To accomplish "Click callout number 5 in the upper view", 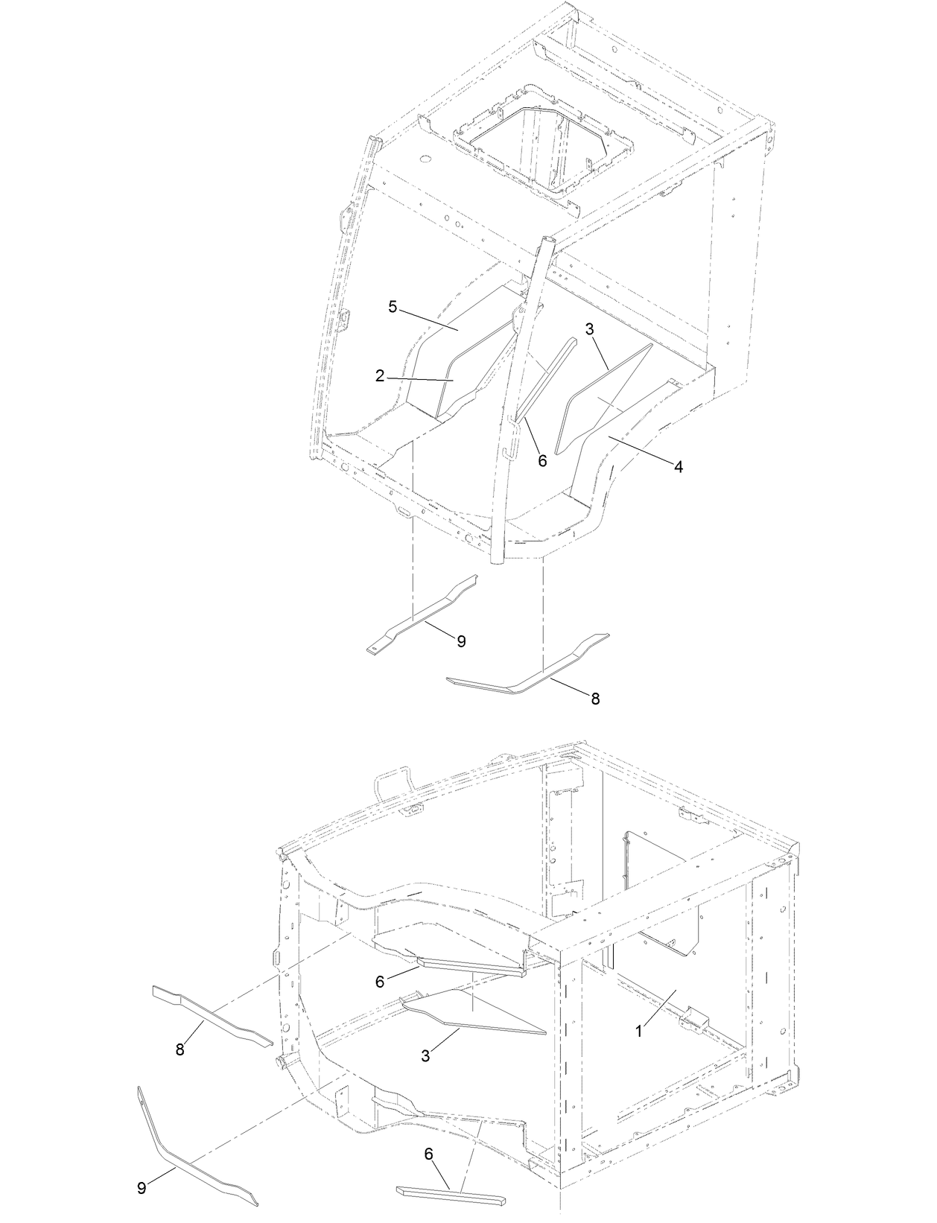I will pos(392,306).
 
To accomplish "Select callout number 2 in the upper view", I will pos(380,377).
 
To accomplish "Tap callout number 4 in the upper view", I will pos(678,467).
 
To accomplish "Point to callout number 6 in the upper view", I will pos(542,461).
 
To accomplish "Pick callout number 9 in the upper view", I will pos(461,641).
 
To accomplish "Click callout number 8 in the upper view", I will pos(595,699).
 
